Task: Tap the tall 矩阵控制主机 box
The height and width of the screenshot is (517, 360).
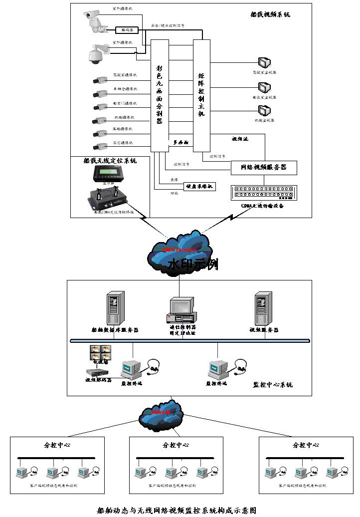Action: coord(201,95)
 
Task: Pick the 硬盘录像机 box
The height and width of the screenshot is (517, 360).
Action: coord(200,186)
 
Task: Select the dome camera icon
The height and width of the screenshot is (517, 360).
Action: coord(94,53)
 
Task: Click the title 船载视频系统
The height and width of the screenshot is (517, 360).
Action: coord(270,14)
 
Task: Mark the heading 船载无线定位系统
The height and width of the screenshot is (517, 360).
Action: coord(110,161)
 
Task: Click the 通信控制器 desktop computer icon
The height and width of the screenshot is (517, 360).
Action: coord(180,310)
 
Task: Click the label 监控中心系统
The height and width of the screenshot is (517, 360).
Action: coord(273,385)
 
